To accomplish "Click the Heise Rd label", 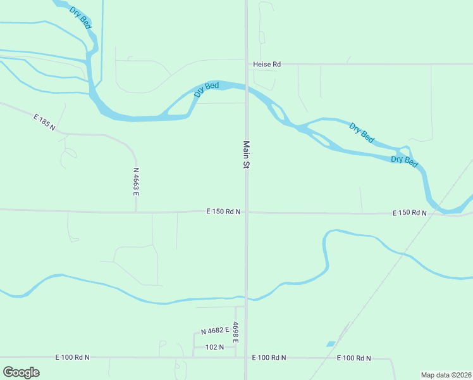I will click(266, 64).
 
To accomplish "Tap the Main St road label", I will click(246, 155).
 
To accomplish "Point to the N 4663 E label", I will click(136, 180).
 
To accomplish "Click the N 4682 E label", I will click(215, 331).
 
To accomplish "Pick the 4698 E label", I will click(235, 332).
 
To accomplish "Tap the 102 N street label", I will click(215, 347).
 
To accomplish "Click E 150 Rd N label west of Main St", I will click(223, 212).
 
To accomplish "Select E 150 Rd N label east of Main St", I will click(409, 213).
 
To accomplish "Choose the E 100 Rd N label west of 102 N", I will click(72, 357).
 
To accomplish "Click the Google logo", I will click(21, 372).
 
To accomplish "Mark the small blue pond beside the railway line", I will click(331, 344).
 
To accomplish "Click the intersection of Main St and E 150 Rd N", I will click(247, 212).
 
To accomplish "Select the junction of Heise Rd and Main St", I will click(247, 64).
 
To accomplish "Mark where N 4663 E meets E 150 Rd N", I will click(135, 212).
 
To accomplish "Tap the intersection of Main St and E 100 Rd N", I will click(247, 357).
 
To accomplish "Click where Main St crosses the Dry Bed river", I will click(247, 88).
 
